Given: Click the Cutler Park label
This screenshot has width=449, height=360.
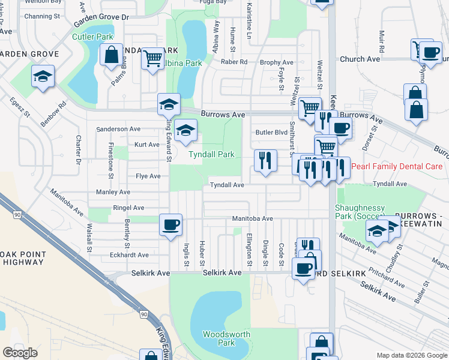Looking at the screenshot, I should (92, 37).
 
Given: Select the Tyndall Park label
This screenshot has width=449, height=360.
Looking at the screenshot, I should (211, 154).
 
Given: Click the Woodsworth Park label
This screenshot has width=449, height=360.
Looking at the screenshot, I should (218, 338).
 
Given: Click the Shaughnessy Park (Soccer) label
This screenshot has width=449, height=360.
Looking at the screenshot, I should (360, 211).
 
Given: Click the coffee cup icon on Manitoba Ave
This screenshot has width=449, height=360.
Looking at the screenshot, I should (170, 224).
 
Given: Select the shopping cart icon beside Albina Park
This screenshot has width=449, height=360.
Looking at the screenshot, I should (154, 58).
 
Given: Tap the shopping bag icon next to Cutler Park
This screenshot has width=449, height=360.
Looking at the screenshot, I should (112, 55).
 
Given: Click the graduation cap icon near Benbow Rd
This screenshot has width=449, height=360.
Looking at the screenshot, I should (43, 76).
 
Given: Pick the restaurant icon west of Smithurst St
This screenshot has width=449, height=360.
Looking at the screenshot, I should (265, 160).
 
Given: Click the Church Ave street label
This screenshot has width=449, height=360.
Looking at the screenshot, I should (360, 59).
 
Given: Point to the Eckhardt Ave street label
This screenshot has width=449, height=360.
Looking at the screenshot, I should (129, 255).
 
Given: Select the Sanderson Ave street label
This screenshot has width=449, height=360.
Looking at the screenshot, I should (118, 129).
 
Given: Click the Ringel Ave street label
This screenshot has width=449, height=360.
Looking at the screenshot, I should (128, 208).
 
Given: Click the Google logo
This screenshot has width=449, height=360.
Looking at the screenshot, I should (20, 353).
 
